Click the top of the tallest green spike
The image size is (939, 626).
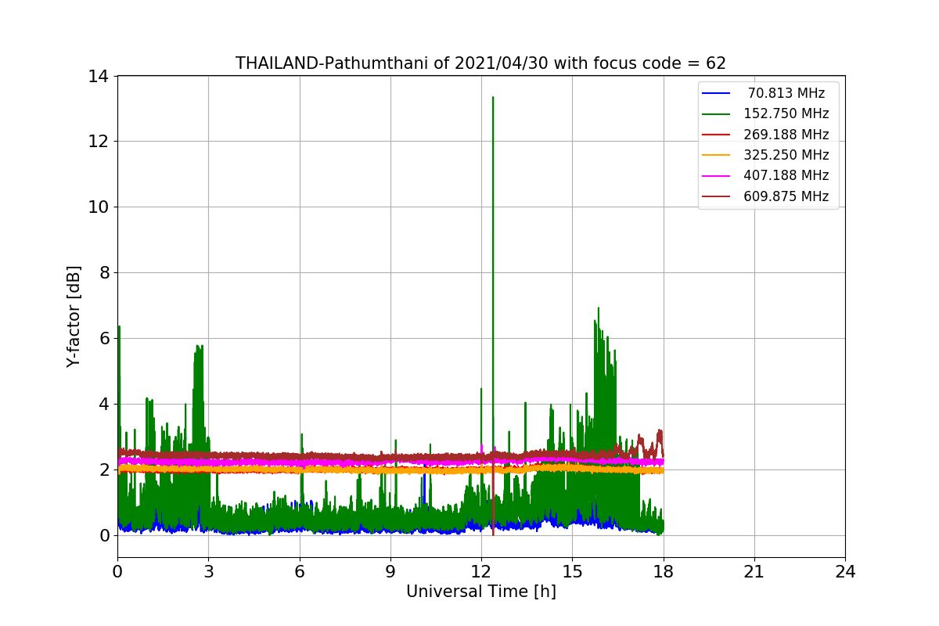click(x=493, y=98)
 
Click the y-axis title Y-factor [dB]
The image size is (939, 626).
click(x=74, y=316)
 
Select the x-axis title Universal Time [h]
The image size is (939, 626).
click(x=480, y=592)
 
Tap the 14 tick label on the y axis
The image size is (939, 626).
click(x=99, y=76)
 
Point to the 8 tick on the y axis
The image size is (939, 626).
click(x=103, y=272)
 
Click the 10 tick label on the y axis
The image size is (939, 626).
click(x=99, y=207)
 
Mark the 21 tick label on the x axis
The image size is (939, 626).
click(x=754, y=572)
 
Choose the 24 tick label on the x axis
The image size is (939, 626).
click(x=844, y=572)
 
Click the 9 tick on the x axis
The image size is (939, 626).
click(x=390, y=572)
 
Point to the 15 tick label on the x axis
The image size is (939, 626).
click(x=572, y=572)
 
